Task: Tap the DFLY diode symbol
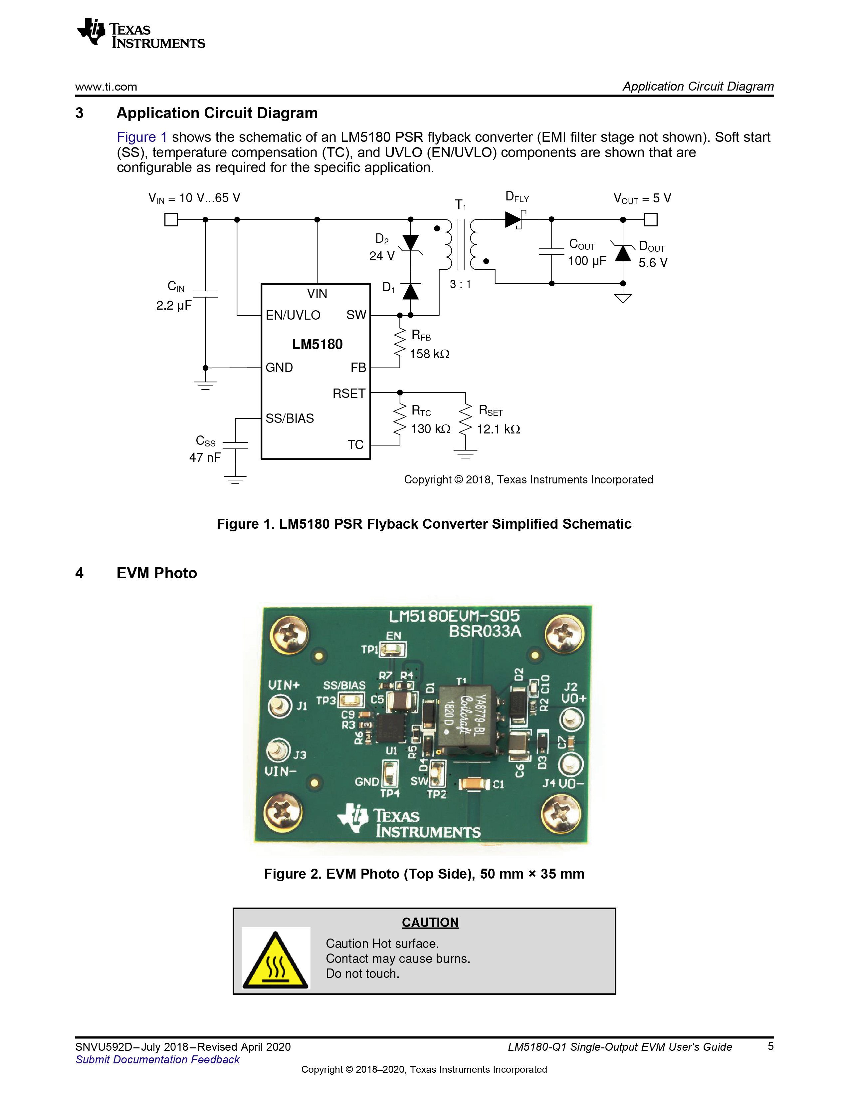coord(515,219)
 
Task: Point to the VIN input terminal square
coord(171,220)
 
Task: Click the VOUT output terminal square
coord(651,220)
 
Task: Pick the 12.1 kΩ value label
coord(498,429)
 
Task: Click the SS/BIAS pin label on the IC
coord(290,418)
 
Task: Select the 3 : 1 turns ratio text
coord(460,284)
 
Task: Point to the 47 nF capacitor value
coord(205,457)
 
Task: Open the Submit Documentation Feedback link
coord(157,1059)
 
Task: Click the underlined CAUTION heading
coord(430,922)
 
